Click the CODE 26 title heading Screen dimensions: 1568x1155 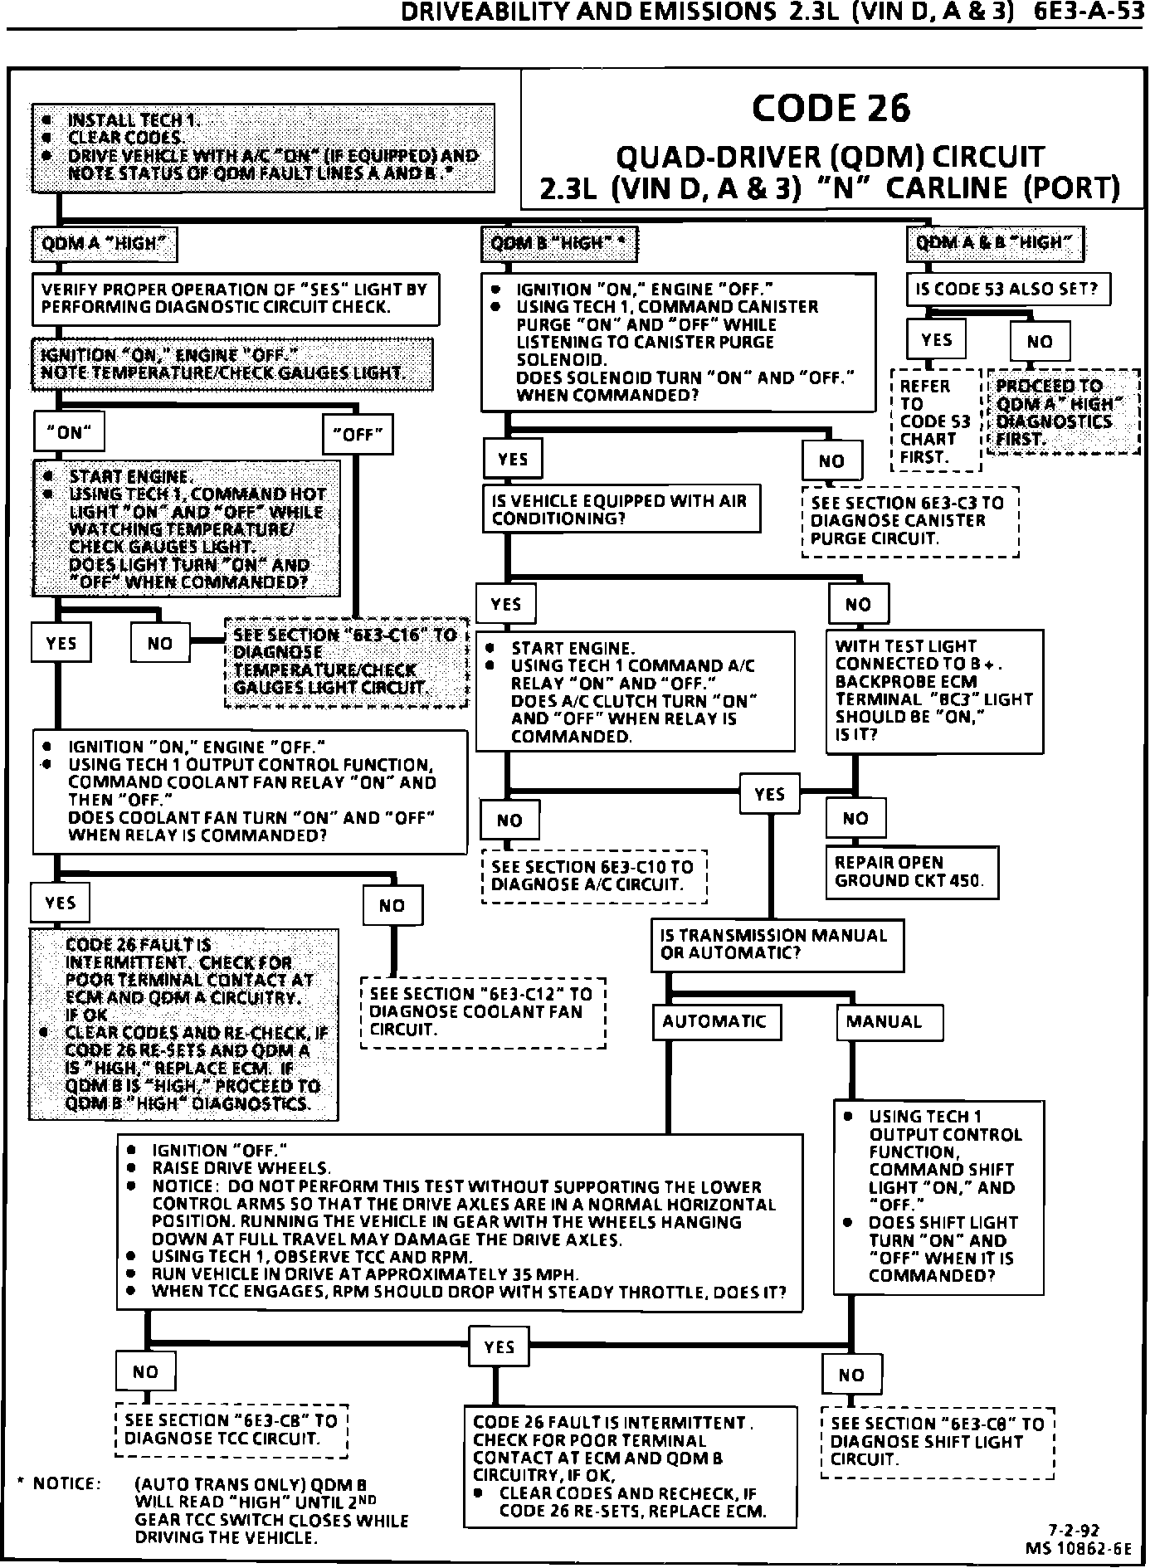point(831,110)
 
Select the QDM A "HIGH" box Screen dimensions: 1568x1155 point(105,244)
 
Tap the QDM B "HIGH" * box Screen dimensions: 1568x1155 point(558,244)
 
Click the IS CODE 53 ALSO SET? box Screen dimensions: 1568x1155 point(1007,290)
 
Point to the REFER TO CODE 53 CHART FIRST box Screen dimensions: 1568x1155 point(936,421)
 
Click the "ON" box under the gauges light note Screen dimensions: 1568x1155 point(70,432)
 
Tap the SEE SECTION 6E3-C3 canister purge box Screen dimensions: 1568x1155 point(910,521)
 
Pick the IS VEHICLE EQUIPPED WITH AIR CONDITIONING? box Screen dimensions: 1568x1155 point(621,509)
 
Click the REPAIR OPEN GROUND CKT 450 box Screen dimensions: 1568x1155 point(911,872)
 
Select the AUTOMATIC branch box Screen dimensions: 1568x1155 point(716,1021)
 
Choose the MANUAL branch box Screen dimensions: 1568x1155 point(888,1022)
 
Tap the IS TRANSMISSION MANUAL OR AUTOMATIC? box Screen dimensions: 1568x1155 point(777,944)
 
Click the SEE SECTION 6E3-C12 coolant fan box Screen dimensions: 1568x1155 point(483,1012)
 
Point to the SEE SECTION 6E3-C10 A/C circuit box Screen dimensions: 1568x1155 point(593,876)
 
